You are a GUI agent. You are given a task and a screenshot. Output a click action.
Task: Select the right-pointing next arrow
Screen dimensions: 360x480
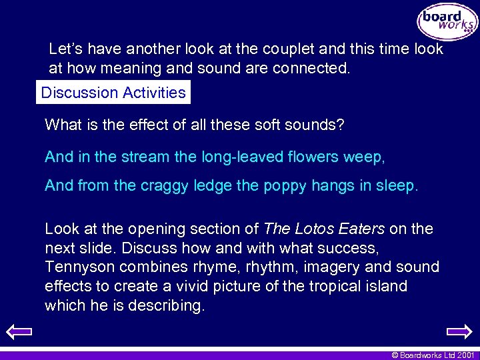459,331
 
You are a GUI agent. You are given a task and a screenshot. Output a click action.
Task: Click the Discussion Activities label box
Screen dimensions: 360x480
113,93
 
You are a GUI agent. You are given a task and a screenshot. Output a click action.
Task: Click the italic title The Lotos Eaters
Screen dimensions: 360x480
324,229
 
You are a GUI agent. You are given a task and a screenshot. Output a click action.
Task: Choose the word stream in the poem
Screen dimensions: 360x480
133,157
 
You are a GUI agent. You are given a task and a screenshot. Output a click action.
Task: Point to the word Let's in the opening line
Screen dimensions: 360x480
66,49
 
